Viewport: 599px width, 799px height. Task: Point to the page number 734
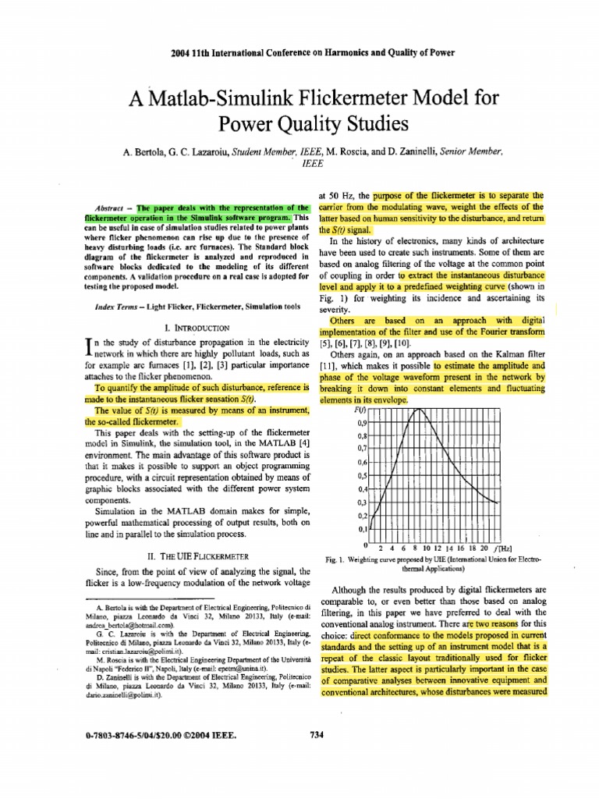coord(317,733)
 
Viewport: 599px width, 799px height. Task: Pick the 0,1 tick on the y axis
coord(362,528)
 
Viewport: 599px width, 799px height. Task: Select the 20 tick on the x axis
coord(484,547)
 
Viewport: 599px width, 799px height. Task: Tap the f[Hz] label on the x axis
coord(504,547)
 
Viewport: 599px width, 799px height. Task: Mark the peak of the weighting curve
coord(420,408)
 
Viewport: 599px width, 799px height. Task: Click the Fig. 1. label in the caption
coord(334,560)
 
